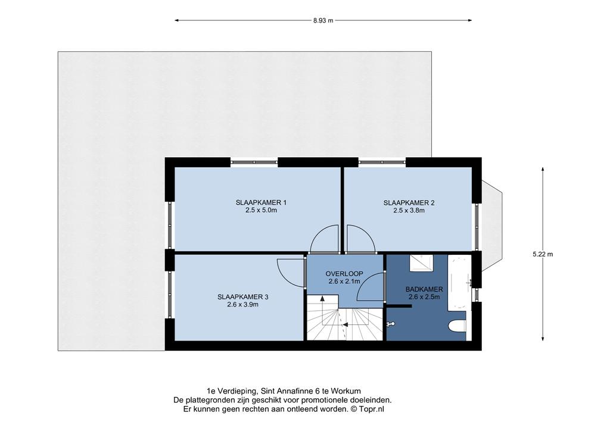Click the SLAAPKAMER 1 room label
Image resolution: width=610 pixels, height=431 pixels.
coord(261,202)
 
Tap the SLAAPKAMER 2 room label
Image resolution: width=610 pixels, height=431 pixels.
coord(409,202)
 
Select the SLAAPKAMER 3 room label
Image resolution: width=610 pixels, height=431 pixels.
coord(243,297)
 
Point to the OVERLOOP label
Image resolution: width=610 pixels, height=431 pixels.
coord(344,274)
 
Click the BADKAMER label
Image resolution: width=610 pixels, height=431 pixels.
coord(424,289)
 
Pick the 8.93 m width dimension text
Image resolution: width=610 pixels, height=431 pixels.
coord(323,21)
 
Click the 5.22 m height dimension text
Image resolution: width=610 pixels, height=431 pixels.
coord(543,255)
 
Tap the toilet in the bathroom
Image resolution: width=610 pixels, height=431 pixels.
coord(457,326)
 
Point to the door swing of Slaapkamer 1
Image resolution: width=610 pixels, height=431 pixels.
coord(325,238)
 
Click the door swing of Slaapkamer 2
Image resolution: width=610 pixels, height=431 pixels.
coord(360,238)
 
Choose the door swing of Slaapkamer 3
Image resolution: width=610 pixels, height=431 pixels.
coord(291,273)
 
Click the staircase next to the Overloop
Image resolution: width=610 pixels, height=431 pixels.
coord(345,317)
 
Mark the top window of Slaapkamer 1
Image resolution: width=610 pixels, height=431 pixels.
coord(254,162)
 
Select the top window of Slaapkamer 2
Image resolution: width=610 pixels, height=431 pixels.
coord(382,162)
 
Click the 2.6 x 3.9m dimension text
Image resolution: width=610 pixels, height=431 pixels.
coord(243,305)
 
